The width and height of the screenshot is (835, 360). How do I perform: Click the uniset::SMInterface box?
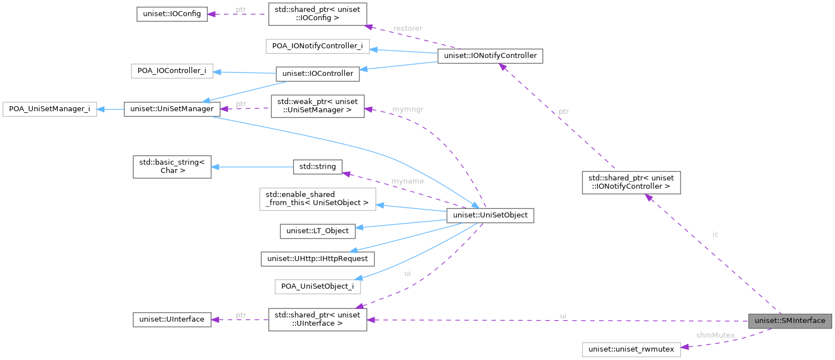pyautogui.click(x=790, y=321)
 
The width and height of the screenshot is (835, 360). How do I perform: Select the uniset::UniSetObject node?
pyautogui.click(x=490, y=216)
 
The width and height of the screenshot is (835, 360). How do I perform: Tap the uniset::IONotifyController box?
pyautogui.click(x=490, y=56)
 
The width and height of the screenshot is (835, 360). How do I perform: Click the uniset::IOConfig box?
pyautogui.click(x=172, y=14)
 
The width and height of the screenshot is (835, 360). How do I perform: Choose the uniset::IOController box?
pyautogui.click(x=317, y=74)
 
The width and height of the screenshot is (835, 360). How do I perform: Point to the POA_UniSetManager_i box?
pyautogui.click(x=49, y=109)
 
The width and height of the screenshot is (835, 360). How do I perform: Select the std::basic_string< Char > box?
pyautogui.click(x=172, y=167)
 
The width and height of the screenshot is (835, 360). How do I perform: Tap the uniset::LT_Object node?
pyautogui.click(x=317, y=230)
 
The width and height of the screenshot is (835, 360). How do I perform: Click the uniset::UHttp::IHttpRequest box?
pyautogui.click(x=318, y=258)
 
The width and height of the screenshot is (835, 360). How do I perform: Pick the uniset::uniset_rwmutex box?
pyautogui.click(x=631, y=349)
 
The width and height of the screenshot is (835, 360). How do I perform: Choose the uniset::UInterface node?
pyautogui.click(x=172, y=320)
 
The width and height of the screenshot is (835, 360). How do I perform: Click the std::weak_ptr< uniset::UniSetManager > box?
pyautogui.click(x=317, y=106)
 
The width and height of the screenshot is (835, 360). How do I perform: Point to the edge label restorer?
pyautogui.click(x=408, y=28)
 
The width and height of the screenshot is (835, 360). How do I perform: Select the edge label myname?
pyautogui.click(x=408, y=181)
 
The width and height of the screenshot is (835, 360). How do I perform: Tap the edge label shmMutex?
pyautogui.click(x=715, y=335)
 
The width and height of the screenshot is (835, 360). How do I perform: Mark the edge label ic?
pyautogui.click(x=715, y=234)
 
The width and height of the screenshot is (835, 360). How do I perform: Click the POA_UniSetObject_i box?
pyautogui.click(x=317, y=286)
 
